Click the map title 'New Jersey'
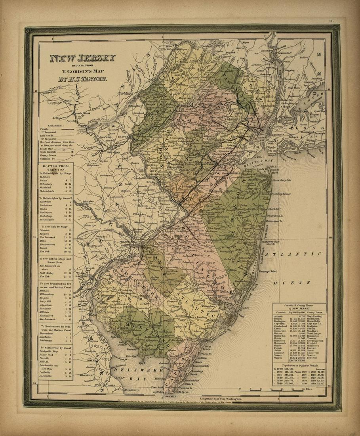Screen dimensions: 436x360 click(x=82, y=59)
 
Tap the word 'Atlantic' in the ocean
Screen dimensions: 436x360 click(x=293, y=254)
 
